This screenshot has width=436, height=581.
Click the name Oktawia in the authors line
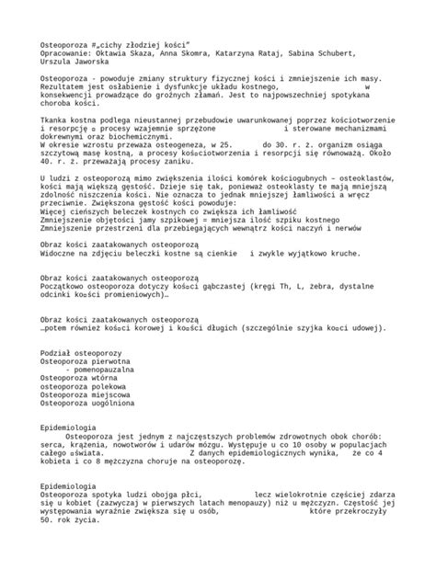[119, 53]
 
